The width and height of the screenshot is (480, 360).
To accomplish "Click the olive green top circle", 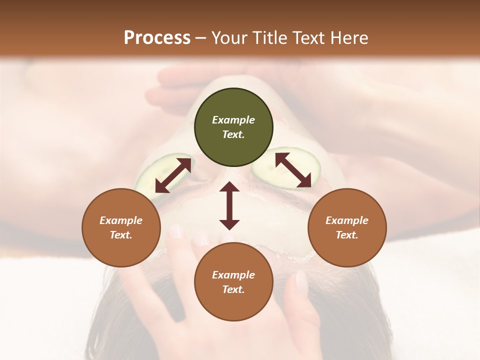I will tap(233, 127).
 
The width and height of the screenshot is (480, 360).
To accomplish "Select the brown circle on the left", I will tap(121, 227).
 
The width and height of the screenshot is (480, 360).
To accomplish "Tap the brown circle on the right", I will tap(347, 227).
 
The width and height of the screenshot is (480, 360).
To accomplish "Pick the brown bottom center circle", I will tap(233, 282).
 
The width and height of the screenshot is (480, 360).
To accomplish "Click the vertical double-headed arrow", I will tap(229, 205).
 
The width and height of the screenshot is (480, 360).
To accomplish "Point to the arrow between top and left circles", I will tap(173, 175).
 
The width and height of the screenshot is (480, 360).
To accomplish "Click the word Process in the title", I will tap(157, 38).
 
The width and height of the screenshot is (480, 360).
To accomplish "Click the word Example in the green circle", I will tap(233, 120).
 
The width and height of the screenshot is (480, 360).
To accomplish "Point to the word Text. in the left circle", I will tap(121, 235).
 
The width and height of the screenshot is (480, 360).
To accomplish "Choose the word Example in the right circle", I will tap(347, 220).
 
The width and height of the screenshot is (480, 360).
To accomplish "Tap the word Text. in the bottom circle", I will tap(233, 289).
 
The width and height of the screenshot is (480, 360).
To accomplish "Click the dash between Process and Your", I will tap(200, 38).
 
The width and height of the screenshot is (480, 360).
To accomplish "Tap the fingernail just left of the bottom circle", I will tap(175, 231).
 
